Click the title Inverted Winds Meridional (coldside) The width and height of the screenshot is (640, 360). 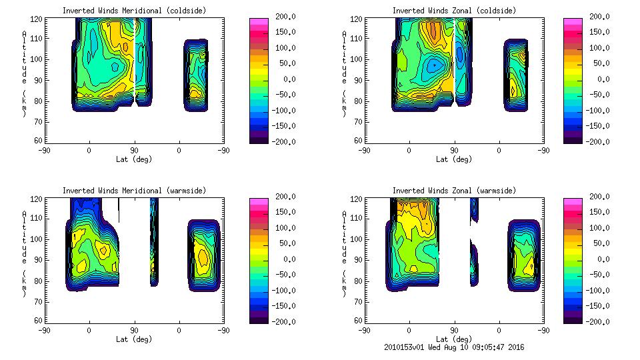click(134, 11)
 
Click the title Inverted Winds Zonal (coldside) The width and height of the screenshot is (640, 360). click(454, 11)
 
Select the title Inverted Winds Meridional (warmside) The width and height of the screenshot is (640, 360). click(134, 191)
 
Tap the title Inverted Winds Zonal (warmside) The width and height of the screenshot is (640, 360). click(454, 191)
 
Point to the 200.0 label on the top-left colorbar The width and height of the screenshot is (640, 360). click(284, 17)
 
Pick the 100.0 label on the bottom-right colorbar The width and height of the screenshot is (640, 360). click(599, 227)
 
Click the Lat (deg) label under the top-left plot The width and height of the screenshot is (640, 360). click(134, 159)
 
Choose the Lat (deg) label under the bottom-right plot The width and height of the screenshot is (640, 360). click(454, 339)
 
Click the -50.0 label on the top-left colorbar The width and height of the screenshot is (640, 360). click(284, 95)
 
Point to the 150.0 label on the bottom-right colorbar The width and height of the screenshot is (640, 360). click(599, 212)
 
